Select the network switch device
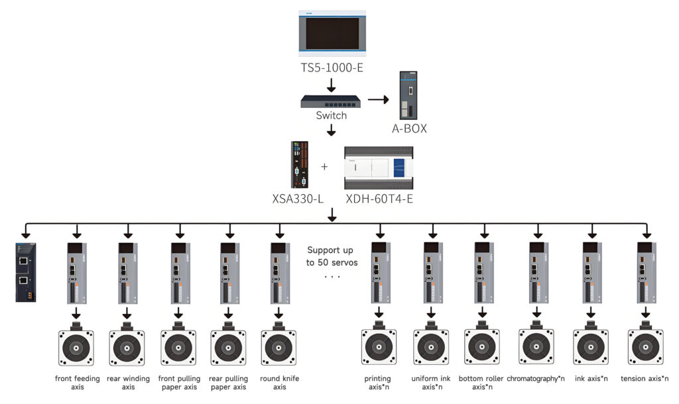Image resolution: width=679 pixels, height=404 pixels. [331, 101]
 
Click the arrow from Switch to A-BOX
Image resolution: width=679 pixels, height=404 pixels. [378, 100]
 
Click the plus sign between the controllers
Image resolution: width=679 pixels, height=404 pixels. [324, 167]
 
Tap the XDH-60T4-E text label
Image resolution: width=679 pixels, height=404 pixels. [379, 198]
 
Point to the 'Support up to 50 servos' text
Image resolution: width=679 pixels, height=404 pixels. [332, 256]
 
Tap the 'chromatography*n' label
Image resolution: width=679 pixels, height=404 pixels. [536, 379]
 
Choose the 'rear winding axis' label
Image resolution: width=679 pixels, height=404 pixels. [128, 383]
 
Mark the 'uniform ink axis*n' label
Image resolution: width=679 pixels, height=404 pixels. [432, 383]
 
